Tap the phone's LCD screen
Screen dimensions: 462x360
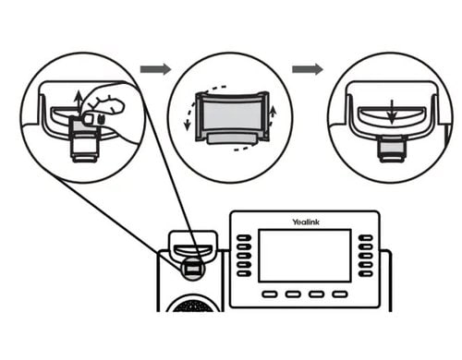tap(304, 255)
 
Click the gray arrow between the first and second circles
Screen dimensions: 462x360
tap(155, 69)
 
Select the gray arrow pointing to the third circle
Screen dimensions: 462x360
tap(307, 69)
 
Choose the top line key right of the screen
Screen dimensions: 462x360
tap(366, 238)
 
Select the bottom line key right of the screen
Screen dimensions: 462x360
tap(366, 272)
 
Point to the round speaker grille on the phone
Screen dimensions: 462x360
tap(192, 305)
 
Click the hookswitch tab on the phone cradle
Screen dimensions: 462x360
tap(191, 268)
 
